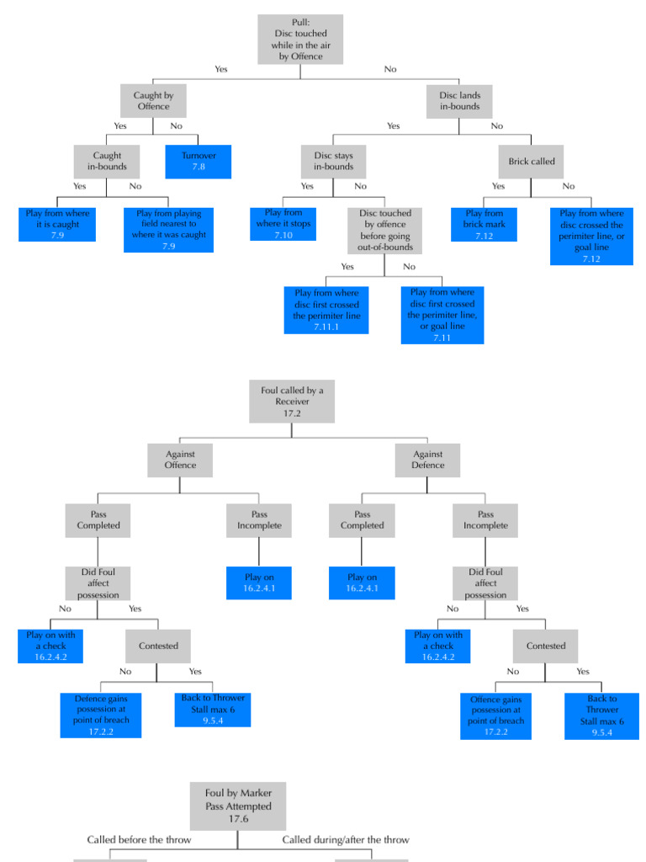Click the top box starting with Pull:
coord(300,39)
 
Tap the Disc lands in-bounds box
coord(459,101)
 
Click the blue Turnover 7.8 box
coord(199,162)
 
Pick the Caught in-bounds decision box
coord(107,162)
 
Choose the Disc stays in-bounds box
coord(334,162)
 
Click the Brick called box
coord(532,162)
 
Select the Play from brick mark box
coord(484,224)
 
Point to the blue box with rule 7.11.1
coord(326,310)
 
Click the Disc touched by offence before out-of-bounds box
coord(384,231)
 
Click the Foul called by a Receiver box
coord(292,401)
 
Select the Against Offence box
coord(180,460)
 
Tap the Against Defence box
coord(427,460)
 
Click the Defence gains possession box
coord(100,715)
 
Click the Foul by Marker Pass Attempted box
coord(238,806)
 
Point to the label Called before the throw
coord(140,839)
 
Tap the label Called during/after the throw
coord(346,839)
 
